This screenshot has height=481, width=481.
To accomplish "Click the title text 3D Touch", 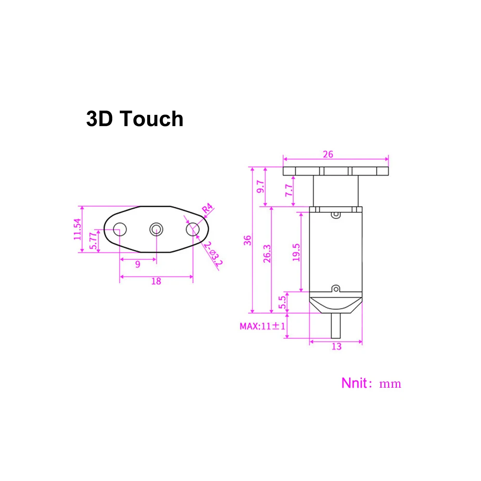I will pyautogui.click(x=135, y=119).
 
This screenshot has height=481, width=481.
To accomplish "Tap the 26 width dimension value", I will pyautogui.click(x=329, y=154).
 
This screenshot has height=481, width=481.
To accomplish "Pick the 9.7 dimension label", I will pyautogui.click(x=260, y=187).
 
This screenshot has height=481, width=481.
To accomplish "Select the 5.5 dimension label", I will pyautogui.click(x=282, y=302).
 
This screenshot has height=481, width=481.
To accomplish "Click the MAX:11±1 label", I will pyautogui.click(x=263, y=326).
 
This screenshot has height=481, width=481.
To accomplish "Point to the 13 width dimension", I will pyautogui.click(x=336, y=346).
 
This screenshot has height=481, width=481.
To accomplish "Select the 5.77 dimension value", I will pyautogui.click(x=94, y=240).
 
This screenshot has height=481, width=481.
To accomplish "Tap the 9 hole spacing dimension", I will pyautogui.click(x=138, y=264).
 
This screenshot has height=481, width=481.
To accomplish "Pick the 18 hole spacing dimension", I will pyautogui.click(x=156, y=281).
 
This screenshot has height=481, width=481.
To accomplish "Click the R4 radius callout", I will pyautogui.click(x=207, y=210).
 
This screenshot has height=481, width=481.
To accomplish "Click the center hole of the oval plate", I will pyautogui.click(x=156, y=229).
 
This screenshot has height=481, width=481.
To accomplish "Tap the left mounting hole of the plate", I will pyautogui.click(x=119, y=229).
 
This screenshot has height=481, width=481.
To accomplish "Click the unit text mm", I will pyautogui.click(x=390, y=384).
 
